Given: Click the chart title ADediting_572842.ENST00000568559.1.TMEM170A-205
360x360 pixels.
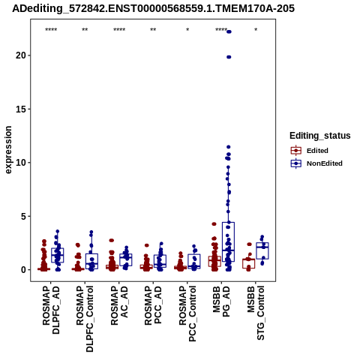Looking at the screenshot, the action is [x=153, y=8].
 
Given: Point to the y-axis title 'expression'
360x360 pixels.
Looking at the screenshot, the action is [x=8, y=150].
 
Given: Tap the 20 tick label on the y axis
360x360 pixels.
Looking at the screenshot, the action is [x=21, y=55].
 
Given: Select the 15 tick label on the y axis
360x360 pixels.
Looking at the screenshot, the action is [x=21, y=109].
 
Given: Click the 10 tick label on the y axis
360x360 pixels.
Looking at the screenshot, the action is [x=21, y=163].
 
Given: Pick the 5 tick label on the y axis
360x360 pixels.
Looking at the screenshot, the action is [x=23, y=216].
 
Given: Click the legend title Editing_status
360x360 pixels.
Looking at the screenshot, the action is [x=320, y=136].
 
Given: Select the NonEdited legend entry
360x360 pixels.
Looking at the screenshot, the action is [x=316, y=163].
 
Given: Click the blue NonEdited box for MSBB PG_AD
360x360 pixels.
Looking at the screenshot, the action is [x=228, y=241].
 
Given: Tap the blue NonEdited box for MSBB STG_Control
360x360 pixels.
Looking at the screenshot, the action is [x=262, y=250].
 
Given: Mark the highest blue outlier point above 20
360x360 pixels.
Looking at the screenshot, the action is [x=229, y=31].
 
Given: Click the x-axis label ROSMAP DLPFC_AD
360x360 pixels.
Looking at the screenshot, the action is [x=51, y=310].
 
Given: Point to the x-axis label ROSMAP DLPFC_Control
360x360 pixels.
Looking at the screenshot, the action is [x=85, y=319].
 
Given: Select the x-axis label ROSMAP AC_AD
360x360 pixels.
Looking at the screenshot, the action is [x=119, y=306].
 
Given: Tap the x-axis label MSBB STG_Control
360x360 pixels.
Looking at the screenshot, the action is [x=256, y=313].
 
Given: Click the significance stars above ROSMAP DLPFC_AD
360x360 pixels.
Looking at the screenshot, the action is [x=51, y=30].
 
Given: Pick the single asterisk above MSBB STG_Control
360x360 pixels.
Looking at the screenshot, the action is [x=256, y=30].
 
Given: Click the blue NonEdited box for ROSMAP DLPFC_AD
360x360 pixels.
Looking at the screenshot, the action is [x=58, y=255].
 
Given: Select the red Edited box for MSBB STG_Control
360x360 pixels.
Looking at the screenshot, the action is [x=248, y=263].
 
